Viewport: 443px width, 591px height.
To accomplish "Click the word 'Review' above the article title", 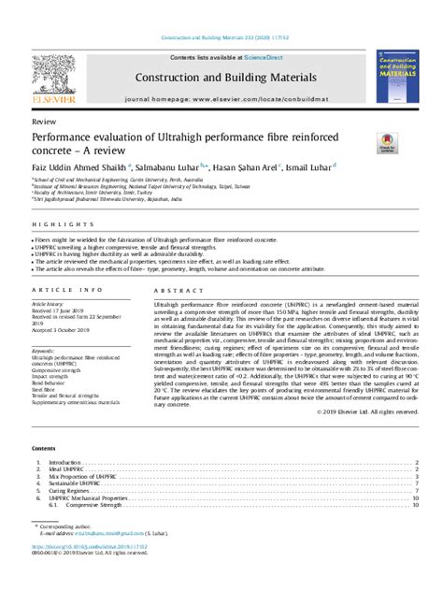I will point(42,123).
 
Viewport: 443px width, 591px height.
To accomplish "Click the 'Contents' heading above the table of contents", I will point(44,449).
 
